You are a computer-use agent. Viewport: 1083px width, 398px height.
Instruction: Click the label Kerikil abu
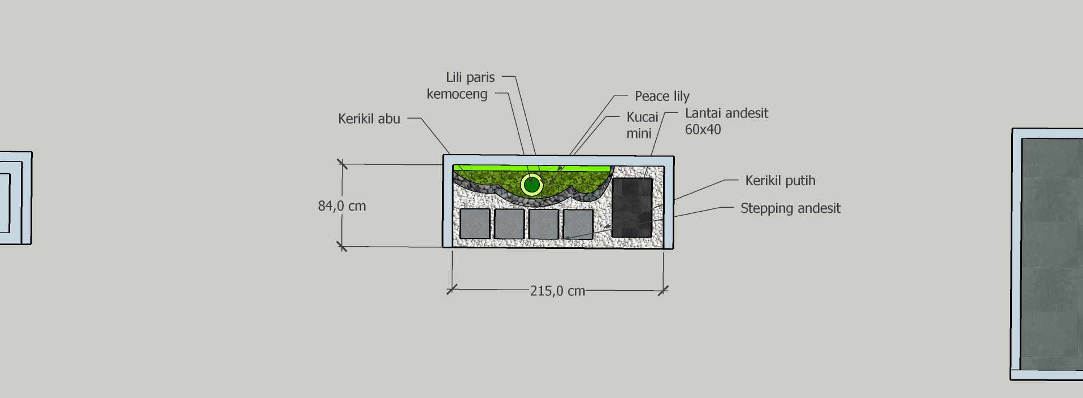click(369, 119)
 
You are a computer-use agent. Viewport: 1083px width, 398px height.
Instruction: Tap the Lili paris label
click(470, 77)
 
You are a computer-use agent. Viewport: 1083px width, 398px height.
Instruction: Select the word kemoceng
click(457, 94)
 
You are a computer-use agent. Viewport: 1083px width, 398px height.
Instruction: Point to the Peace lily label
click(662, 97)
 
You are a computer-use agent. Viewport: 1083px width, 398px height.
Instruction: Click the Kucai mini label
click(642, 125)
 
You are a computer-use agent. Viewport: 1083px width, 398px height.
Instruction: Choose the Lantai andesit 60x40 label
click(726, 121)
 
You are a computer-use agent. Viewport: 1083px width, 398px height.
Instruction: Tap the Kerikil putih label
click(780, 181)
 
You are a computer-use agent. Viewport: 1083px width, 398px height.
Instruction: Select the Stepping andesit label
click(790, 208)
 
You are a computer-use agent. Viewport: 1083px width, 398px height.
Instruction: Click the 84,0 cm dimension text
click(342, 206)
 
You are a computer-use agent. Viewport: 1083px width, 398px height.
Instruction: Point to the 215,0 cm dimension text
click(557, 291)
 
